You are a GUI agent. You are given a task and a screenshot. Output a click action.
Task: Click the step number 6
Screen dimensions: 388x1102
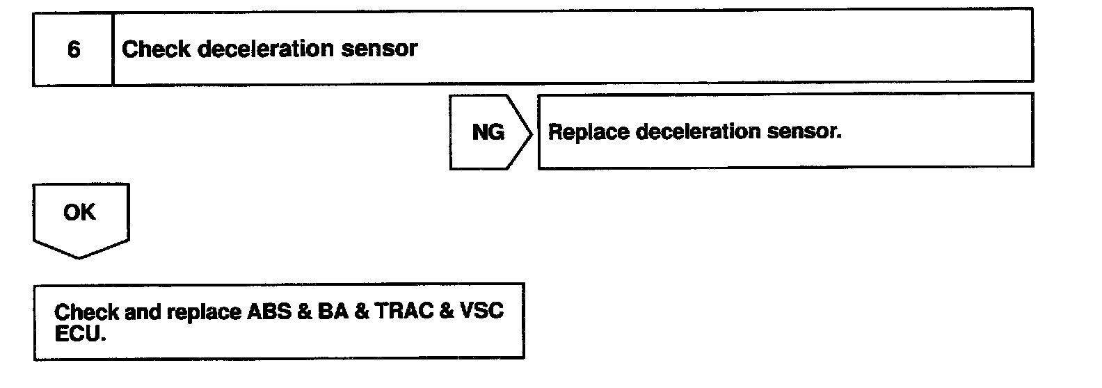(73, 49)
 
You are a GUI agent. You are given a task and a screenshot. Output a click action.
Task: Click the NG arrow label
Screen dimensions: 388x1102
(488, 132)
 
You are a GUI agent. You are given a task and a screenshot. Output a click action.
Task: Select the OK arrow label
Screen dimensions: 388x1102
(79, 213)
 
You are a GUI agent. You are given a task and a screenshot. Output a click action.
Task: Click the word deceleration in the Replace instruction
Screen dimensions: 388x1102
(693, 132)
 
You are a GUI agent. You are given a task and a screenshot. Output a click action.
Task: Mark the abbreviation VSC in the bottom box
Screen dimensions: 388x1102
(481, 312)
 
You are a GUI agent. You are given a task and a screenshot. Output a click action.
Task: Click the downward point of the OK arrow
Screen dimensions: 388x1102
(79, 257)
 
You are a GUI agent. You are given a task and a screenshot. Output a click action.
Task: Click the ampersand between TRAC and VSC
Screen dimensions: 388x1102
(446, 312)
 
